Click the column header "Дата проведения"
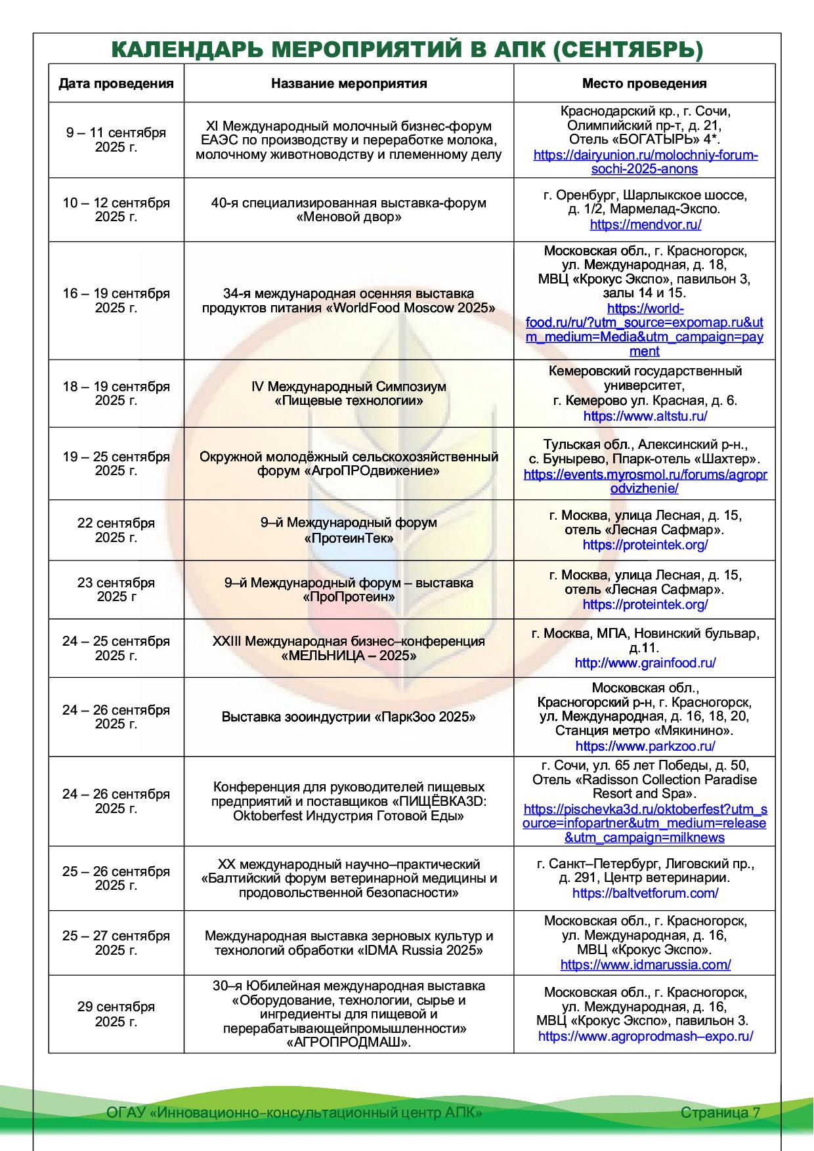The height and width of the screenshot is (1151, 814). click(x=116, y=83)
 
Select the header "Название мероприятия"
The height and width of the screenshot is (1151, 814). click(x=349, y=83)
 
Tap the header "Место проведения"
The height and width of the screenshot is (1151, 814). click(x=644, y=83)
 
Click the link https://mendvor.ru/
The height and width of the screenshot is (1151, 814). click(x=645, y=224)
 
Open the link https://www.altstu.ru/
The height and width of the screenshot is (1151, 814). click(x=645, y=416)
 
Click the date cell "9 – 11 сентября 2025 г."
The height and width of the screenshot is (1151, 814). click(x=116, y=140)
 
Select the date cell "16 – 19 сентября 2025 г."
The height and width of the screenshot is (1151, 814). click(x=116, y=301)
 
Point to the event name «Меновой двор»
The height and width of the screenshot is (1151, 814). click(x=349, y=217)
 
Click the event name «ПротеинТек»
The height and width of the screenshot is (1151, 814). click(x=349, y=538)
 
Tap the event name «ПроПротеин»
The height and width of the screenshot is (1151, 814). click(x=349, y=597)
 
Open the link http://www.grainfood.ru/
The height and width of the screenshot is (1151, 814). click(x=645, y=663)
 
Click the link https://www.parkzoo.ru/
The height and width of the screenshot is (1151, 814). click(x=645, y=746)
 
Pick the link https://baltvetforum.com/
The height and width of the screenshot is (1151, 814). click(x=645, y=893)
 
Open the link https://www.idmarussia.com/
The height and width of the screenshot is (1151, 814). click(x=645, y=965)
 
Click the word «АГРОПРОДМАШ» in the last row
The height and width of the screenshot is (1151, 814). click(x=349, y=1043)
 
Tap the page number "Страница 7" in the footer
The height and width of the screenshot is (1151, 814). click(x=720, y=1112)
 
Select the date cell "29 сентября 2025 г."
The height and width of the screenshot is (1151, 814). click(x=116, y=1014)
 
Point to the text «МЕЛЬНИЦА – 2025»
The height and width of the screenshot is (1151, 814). click(x=349, y=656)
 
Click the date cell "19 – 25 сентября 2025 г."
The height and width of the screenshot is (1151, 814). click(x=116, y=463)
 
